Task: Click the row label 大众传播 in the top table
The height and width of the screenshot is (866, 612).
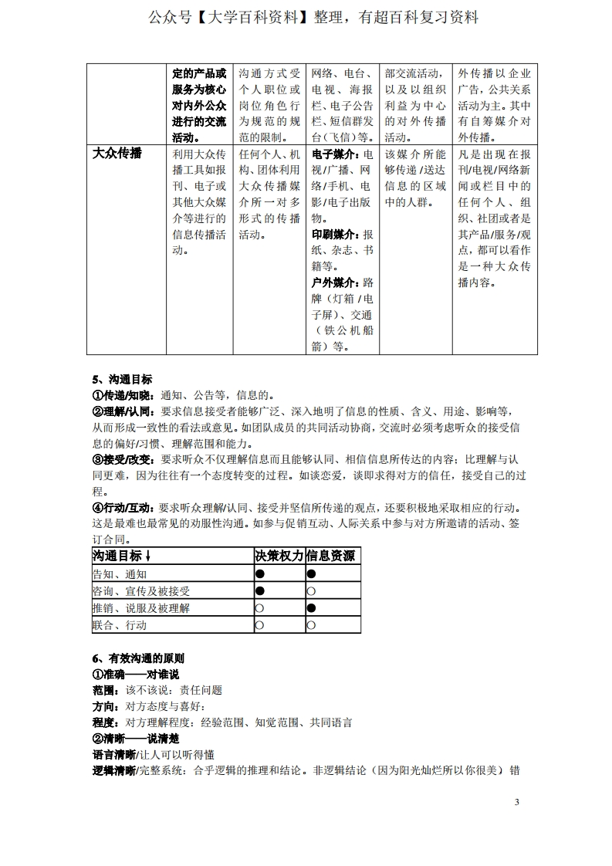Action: pos(117,153)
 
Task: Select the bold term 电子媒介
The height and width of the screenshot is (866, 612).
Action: pos(333,154)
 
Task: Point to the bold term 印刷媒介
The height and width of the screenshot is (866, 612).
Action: pos(333,234)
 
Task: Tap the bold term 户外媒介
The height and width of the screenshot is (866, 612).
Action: pos(333,282)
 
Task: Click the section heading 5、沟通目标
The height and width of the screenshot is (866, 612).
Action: pos(122,379)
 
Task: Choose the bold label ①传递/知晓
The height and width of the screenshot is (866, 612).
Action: pos(123,395)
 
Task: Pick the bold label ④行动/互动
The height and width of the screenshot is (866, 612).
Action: pos(123,509)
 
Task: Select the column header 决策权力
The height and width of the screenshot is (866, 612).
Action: pos(279,556)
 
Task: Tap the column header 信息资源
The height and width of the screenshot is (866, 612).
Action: pos(332,556)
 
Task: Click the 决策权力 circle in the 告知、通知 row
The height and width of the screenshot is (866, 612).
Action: pos(260,574)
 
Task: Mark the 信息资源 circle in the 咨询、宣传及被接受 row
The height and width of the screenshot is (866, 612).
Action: pos(311,591)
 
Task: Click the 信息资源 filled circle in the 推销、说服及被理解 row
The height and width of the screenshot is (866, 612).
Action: pos(311,608)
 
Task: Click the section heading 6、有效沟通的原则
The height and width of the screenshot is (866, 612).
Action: pos(138,658)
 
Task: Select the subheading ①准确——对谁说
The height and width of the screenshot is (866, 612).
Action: pos(135,675)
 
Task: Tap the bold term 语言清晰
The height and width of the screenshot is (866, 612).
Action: pos(113,754)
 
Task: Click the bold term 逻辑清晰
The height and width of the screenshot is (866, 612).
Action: pos(113,770)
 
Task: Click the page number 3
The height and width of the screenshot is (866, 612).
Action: pos(517,803)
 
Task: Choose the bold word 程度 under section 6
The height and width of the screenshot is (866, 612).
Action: pos(104,722)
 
